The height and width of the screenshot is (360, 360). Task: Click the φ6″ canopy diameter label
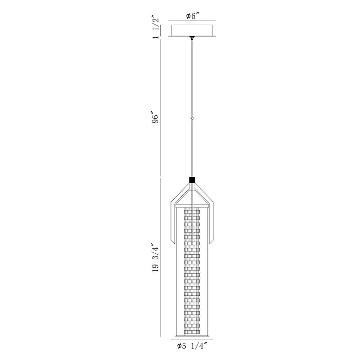[193, 16]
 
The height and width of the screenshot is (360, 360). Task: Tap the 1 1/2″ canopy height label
[155, 27]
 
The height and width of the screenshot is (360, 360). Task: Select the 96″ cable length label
[155, 118]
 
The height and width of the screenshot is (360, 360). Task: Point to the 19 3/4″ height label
[155, 258]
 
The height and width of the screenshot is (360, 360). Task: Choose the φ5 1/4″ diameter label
[192, 352]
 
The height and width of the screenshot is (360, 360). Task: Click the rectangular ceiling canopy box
[193, 30]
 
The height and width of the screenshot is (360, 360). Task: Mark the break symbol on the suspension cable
[192, 118]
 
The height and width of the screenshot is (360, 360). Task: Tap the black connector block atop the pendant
[192, 180]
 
